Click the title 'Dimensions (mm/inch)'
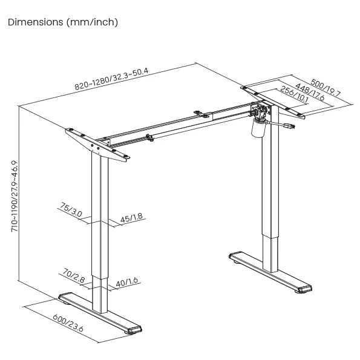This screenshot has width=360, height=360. click(x=63, y=22)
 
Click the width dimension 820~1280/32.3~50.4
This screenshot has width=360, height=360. click(x=111, y=79)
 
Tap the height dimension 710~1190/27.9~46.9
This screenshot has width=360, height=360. click(x=15, y=196)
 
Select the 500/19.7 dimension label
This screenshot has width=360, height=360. click(x=326, y=88)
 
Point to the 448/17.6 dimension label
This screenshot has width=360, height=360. click(x=310, y=92)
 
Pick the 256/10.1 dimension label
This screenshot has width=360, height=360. click(x=294, y=94)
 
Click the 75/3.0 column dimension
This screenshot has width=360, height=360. click(x=71, y=209)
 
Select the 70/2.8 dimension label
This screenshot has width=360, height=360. click(x=74, y=275)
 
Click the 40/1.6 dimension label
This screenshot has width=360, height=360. click(x=126, y=282)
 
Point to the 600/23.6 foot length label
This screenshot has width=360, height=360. click(x=68, y=323)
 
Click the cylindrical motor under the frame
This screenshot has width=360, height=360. click(x=258, y=128)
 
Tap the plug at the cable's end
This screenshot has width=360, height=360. click(x=289, y=126)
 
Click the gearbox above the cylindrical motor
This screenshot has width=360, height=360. click(x=261, y=111)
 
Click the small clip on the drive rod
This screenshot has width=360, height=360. click(x=149, y=137)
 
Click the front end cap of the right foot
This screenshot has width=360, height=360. click(x=304, y=289)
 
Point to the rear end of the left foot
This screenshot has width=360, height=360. click(x=65, y=297)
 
